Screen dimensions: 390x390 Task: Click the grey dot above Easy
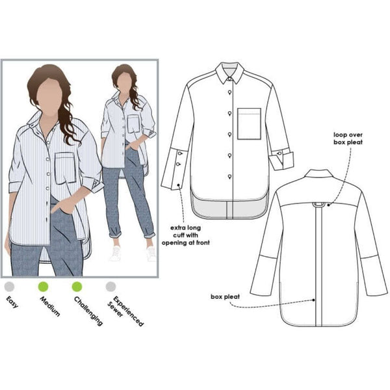[x=8, y=285]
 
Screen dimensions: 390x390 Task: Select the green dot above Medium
[x=43, y=285]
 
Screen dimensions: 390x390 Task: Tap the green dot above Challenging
[x=77, y=285]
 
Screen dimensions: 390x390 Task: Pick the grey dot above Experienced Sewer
[x=111, y=285]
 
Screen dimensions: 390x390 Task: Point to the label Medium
[x=50, y=306]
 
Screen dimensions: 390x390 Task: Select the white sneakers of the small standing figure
[x=133, y=253]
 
